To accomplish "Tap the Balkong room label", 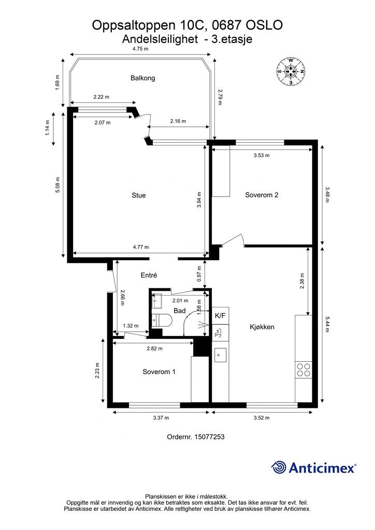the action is click(x=142, y=78).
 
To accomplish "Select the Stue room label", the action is click(x=139, y=195).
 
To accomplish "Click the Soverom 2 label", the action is click(x=262, y=195).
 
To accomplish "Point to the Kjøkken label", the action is click(x=262, y=327).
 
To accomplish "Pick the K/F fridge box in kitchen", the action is click(x=220, y=316).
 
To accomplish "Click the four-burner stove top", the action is click(x=304, y=370).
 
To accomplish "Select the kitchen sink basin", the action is click(x=220, y=355).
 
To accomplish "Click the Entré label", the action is click(x=149, y=275).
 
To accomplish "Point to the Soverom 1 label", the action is click(x=159, y=372).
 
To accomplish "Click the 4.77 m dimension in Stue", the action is click(x=141, y=247).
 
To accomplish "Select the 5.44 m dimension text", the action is click(x=327, y=324).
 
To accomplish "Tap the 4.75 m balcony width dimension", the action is click(x=140, y=49).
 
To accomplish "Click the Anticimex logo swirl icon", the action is click(x=278, y=467).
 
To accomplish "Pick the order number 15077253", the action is click(x=209, y=437).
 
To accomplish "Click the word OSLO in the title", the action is click(x=264, y=25).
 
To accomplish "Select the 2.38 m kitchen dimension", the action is click(x=302, y=281).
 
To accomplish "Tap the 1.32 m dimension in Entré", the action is click(x=131, y=326).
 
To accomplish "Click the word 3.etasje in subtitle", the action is click(x=232, y=39).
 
